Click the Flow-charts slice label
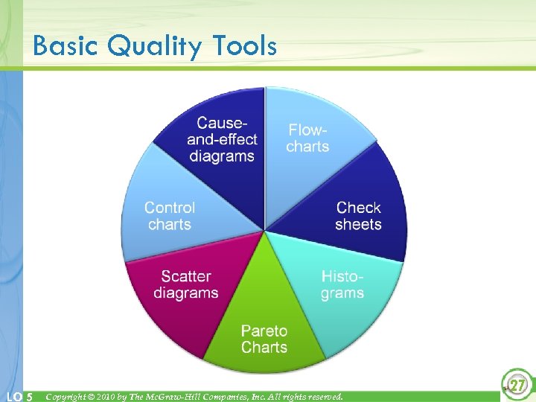click(x=307, y=138)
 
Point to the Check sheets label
click(x=358, y=216)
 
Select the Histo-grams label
click(x=342, y=284)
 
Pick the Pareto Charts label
click(x=264, y=339)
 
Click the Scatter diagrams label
click(x=186, y=284)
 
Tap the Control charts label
click(x=170, y=216)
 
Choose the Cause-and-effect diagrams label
click(x=222, y=139)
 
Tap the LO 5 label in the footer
click(x=19, y=397)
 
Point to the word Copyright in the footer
click(x=67, y=397)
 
